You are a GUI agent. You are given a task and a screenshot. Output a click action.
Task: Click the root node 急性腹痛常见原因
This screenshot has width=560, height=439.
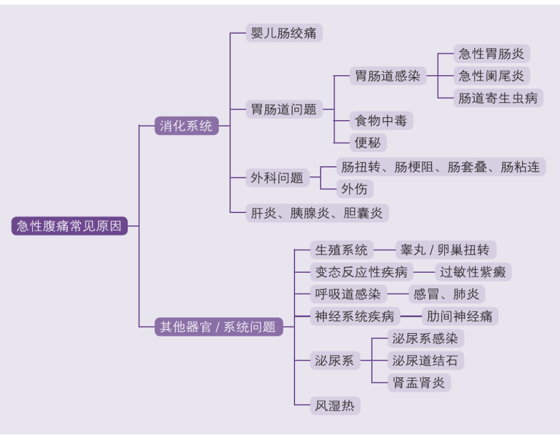point(69,226)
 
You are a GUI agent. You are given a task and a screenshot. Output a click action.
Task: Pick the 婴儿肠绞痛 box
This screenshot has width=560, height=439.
point(284,33)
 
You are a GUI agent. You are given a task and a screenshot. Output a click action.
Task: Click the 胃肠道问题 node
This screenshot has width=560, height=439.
point(284,109)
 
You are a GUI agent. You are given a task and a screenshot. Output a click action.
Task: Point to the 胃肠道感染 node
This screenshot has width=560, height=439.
point(387,76)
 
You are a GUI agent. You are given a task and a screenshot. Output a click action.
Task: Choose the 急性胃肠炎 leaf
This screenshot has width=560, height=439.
point(491,54)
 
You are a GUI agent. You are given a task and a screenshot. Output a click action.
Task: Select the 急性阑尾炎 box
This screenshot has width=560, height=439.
point(491,76)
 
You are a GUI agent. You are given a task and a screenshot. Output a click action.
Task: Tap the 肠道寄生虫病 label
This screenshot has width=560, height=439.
point(498,98)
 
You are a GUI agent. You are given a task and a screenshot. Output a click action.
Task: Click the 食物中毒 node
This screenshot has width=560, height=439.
point(381,121)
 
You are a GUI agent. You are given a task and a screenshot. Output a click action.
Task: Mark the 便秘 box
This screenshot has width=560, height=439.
point(368,143)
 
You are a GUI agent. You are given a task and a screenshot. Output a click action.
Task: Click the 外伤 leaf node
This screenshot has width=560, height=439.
point(355,189)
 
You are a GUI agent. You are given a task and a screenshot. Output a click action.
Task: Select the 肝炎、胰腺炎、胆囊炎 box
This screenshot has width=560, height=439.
point(317,213)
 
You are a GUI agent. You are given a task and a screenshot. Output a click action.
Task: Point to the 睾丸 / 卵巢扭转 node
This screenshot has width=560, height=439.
point(445,250)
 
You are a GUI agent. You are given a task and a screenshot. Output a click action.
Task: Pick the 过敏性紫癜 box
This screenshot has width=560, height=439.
point(473,272)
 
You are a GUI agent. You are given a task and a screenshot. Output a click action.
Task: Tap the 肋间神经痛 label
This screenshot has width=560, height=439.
point(459,316)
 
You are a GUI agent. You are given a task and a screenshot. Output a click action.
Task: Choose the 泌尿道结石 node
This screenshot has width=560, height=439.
point(425,360)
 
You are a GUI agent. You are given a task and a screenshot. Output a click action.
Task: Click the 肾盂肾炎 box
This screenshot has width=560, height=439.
point(419,382)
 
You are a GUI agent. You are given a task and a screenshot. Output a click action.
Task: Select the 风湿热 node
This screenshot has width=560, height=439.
point(335,406)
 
